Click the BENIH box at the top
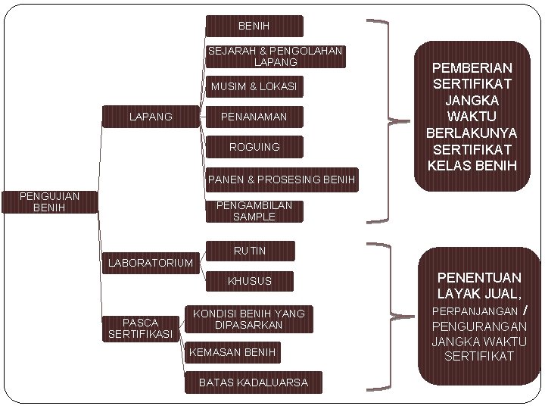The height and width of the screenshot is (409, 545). [x=254, y=27]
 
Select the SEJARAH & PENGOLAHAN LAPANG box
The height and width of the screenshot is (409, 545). [x=276, y=57]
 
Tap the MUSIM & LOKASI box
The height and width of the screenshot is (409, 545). [x=254, y=87]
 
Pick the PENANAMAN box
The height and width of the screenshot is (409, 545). [x=254, y=117]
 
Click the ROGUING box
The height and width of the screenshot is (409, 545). [x=254, y=147]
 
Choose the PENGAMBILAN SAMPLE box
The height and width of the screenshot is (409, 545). [x=254, y=211]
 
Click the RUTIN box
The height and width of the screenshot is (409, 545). [x=250, y=251]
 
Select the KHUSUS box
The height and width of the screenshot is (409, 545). [x=250, y=281]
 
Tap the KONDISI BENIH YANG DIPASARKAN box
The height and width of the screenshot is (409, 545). [x=248, y=319]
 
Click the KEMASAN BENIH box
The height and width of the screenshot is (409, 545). [x=233, y=352]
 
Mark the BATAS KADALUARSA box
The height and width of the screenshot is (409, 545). [x=253, y=382]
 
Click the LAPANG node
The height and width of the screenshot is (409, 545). [x=151, y=117]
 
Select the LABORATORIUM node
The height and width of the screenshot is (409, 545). [x=150, y=264]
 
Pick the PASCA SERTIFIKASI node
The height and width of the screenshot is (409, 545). [x=141, y=328]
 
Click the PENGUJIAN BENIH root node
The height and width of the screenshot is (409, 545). [x=50, y=202]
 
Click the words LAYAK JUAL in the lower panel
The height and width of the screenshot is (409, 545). [x=477, y=293]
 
